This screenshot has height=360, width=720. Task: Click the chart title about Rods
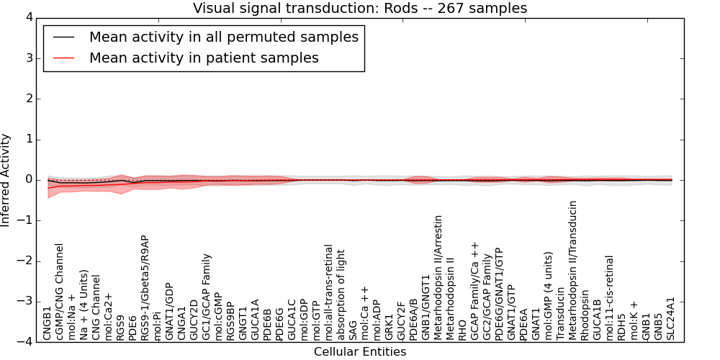pyautogui.click(x=360, y=8)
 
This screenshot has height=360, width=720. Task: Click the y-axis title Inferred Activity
pyautogui.click(x=6, y=179)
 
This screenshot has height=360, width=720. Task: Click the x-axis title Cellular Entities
pyautogui.click(x=360, y=352)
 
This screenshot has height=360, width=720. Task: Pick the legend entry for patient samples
pyautogui.click(x=204, y=58)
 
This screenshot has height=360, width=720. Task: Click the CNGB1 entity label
pyautogui.click(x=48, y=323)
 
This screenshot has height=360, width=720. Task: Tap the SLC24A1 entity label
pyautogui.click(x=671, y=318)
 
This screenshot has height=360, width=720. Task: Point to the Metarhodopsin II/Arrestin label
pyautogui.click(x=438, y=287)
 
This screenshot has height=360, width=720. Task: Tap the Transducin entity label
pyautogui.click(x=560, y=316)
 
